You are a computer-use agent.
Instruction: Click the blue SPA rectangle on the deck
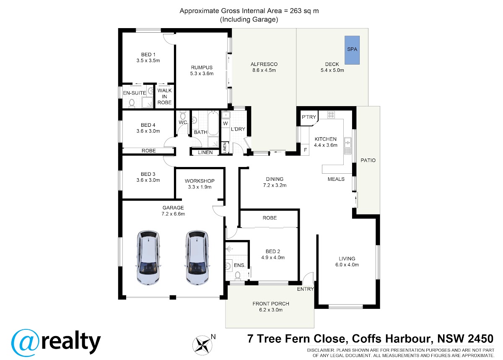(x=352, y=50)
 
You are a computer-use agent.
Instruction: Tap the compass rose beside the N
(x=202, y=345)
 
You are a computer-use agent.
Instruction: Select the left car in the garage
(x=148, y=258)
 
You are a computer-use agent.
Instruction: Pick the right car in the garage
(x=197, y=258)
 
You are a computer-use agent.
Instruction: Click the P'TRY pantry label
(x=309, y=117)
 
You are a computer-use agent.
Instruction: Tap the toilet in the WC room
(x=183, y=115)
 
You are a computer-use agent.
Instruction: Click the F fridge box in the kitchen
(x=305, y=150)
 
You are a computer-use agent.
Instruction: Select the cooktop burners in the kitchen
(x=331, y=115)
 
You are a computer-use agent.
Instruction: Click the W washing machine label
(x=225, y=123)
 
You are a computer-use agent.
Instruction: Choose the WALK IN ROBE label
(x=164, y=97)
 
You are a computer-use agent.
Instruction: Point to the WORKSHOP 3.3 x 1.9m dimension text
(x=200, y=187)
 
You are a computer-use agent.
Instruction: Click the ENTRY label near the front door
(x=305, y=289)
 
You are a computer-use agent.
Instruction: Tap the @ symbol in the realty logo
(x=26, y=343)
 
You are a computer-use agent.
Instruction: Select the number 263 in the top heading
(x=296, y=11)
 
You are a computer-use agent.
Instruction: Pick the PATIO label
(x=368, y=160)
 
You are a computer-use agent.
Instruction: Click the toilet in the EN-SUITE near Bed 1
(x=132, y=103)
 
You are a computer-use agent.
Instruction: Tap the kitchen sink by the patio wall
(x=347, y=146)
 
